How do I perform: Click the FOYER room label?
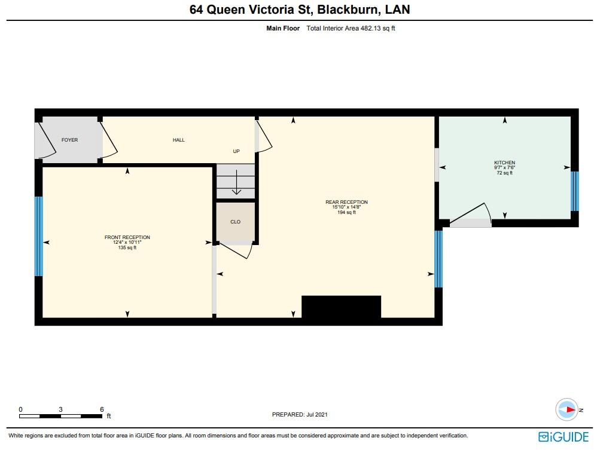point(69,140)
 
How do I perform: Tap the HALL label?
point(178,140)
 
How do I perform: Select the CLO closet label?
point(235,222)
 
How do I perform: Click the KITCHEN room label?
point(504,163)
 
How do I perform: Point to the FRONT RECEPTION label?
point(127,237)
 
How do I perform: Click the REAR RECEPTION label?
point(346,202)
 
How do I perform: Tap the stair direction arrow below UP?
point(236,182)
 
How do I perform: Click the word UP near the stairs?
point(236,151)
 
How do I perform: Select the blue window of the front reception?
point(39,236)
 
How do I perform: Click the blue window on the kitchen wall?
point(574,191)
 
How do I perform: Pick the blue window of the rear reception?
point(438,258)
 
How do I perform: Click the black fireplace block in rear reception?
point(341,307)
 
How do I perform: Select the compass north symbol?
point(567,410)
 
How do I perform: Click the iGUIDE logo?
point(562,436)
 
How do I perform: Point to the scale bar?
point(61,415)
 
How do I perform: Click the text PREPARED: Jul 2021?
point(300,415)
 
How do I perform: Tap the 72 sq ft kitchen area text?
point(504,173)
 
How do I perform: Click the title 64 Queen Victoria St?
point(251,10)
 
